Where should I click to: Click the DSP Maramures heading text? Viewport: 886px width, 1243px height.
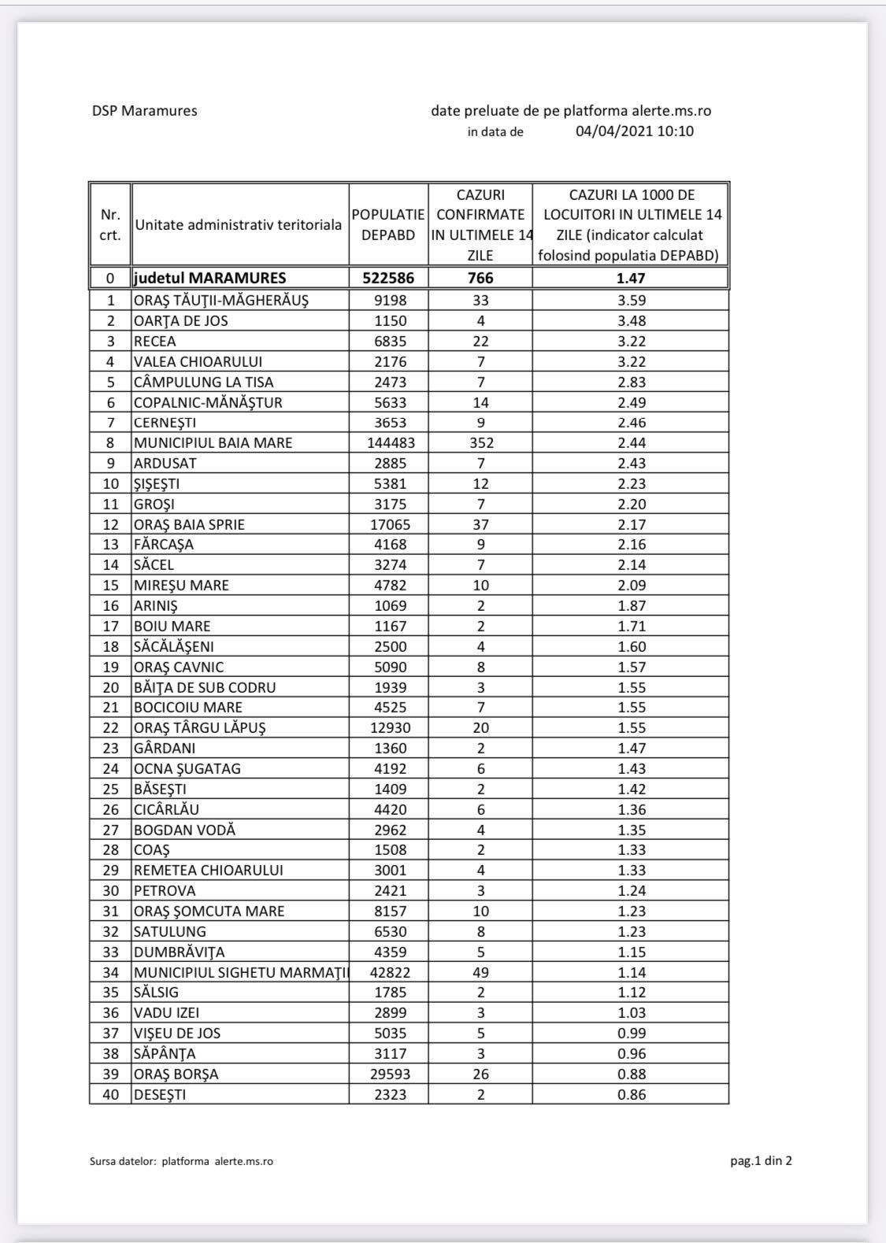144,111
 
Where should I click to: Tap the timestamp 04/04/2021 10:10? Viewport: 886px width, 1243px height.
634,131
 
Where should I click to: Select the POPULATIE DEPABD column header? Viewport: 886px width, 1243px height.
388,224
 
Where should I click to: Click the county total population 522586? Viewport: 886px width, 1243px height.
388,278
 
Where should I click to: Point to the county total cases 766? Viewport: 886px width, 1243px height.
480,278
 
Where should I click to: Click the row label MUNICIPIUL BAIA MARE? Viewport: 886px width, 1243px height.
213,443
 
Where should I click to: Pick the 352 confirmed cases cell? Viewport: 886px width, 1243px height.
480,443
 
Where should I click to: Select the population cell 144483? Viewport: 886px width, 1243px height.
391,443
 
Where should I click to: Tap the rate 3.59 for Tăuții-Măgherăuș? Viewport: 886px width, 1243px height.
632,300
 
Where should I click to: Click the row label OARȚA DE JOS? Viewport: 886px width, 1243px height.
181,320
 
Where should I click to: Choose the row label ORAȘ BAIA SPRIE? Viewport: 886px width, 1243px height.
189,524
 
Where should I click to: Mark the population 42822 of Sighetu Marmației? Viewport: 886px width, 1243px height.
390,972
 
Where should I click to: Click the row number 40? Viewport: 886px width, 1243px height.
110,1094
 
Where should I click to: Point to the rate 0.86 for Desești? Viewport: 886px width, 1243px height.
632,1094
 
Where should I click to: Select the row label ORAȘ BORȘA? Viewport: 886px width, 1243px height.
176,1074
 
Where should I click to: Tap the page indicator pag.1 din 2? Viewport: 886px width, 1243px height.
760,1160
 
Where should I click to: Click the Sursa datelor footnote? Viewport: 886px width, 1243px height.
181,1161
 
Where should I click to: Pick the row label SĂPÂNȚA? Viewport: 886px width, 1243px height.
165,1053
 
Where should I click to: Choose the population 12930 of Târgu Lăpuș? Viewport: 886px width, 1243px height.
390,728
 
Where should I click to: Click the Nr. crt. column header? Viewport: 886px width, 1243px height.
110,224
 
